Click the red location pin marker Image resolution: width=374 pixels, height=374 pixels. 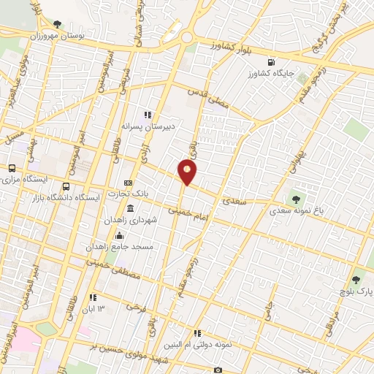tap(188, 172)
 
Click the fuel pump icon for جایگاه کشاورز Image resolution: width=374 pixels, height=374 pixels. tap(272, 63)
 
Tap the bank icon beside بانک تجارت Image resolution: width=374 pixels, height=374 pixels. tap(129, 183)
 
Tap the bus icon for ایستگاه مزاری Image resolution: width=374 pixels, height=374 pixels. tap(11, 168)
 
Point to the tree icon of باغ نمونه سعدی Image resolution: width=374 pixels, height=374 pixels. tap(296, 198)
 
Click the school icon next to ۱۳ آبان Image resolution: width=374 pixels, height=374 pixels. tap(93, 297)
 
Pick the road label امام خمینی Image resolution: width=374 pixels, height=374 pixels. tap(188, 212)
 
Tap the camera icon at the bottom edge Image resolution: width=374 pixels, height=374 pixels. tap(218, 370)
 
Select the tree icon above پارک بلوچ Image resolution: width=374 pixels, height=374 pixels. tap(356, 278)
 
